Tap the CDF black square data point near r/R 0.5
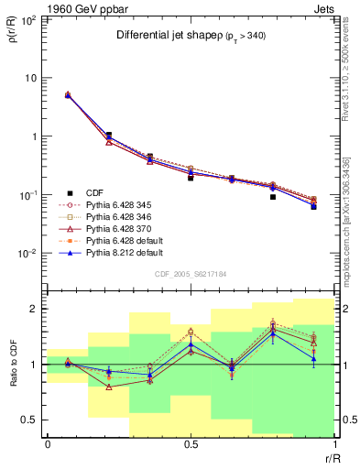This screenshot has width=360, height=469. [x=191, y=178]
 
